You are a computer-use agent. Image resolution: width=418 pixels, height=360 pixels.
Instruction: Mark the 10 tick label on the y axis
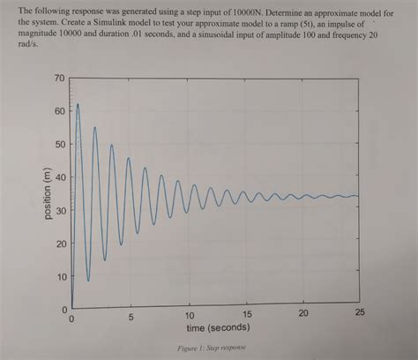(59, 277)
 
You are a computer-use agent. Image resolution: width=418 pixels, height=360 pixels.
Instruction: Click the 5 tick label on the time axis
(129, 317)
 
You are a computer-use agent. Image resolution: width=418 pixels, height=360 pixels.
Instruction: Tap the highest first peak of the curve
(78, 104)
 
